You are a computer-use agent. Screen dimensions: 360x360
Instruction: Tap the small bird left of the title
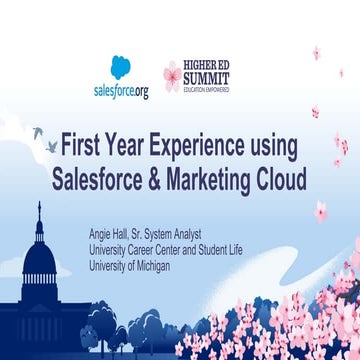(37, 130)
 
